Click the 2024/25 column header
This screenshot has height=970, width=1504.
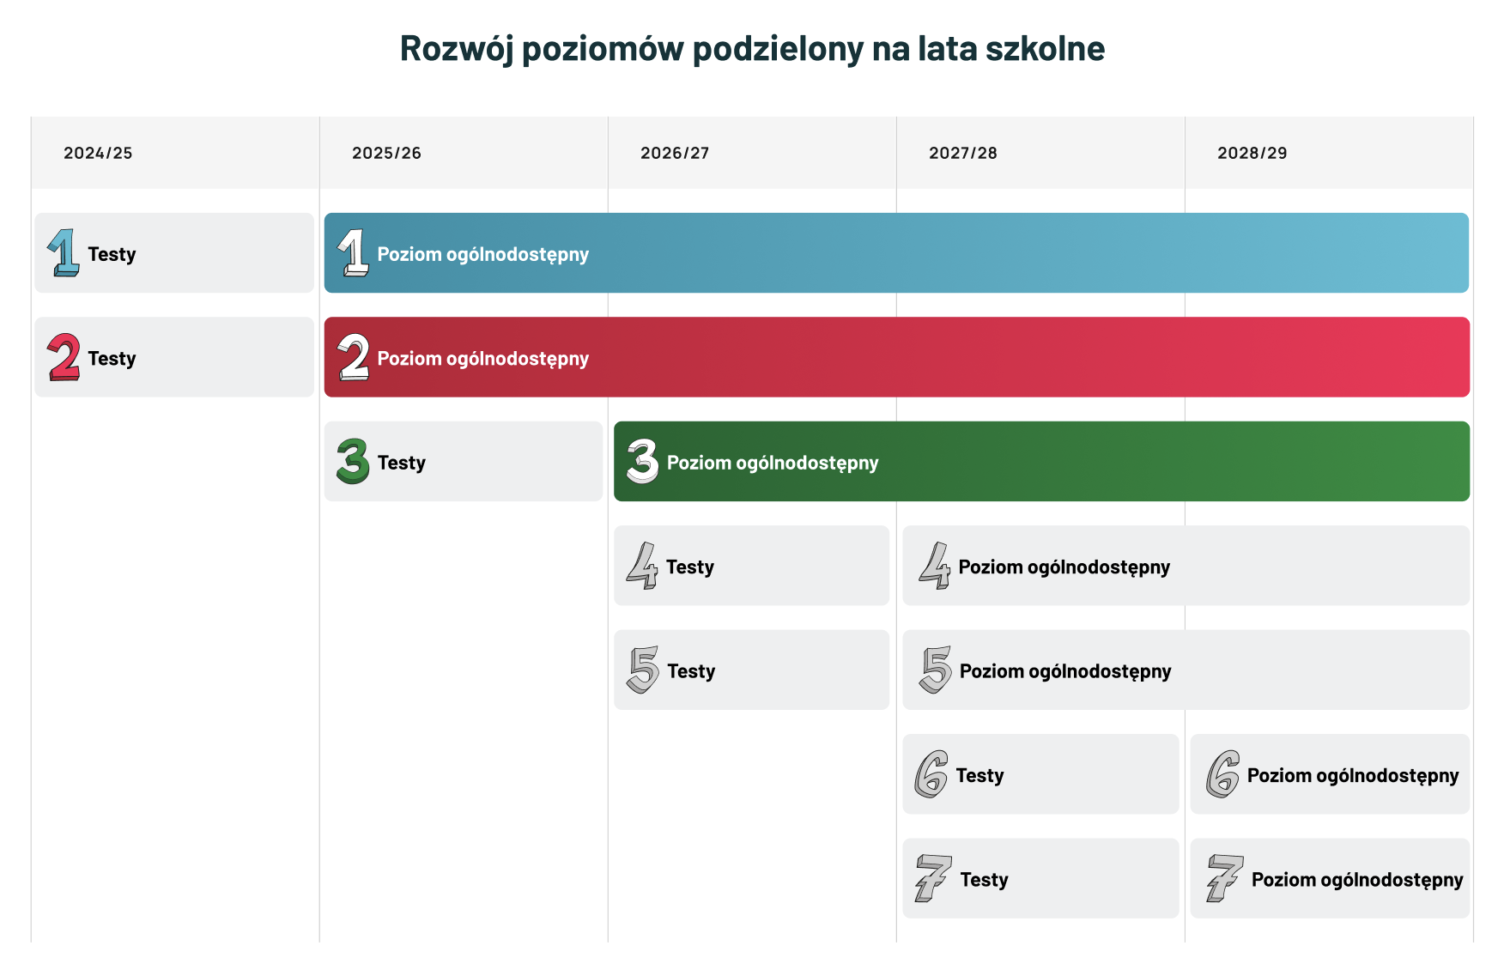coord(98,153)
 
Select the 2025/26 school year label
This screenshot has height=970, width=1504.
coord(386,153)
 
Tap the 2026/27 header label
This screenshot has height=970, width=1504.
coord(675,153)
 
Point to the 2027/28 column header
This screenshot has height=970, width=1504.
coord(963,153)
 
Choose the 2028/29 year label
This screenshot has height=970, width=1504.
coord(1252,153)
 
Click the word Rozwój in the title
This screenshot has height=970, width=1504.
coord(457,49)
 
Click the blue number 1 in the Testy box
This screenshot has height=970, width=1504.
coord(64,252)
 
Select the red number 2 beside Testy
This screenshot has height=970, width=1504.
coord(64,357)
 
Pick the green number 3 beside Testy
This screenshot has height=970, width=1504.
coord(353,461)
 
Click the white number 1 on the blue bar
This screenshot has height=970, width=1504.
coord(353,252)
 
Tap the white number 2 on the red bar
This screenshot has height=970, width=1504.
coord(353,357)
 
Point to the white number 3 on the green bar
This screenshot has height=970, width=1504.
coord(642,461)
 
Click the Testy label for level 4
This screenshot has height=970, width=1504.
coord(690,567)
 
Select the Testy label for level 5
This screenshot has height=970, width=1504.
coord(691,671)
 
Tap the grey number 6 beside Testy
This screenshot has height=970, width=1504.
coord(931,774)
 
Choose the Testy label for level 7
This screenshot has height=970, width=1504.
coord(984,880)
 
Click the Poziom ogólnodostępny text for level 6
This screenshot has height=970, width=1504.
coord(1353,776)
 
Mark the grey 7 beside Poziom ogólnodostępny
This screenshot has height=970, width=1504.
coord(1224,878)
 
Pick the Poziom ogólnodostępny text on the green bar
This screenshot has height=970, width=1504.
coord(773,464)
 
